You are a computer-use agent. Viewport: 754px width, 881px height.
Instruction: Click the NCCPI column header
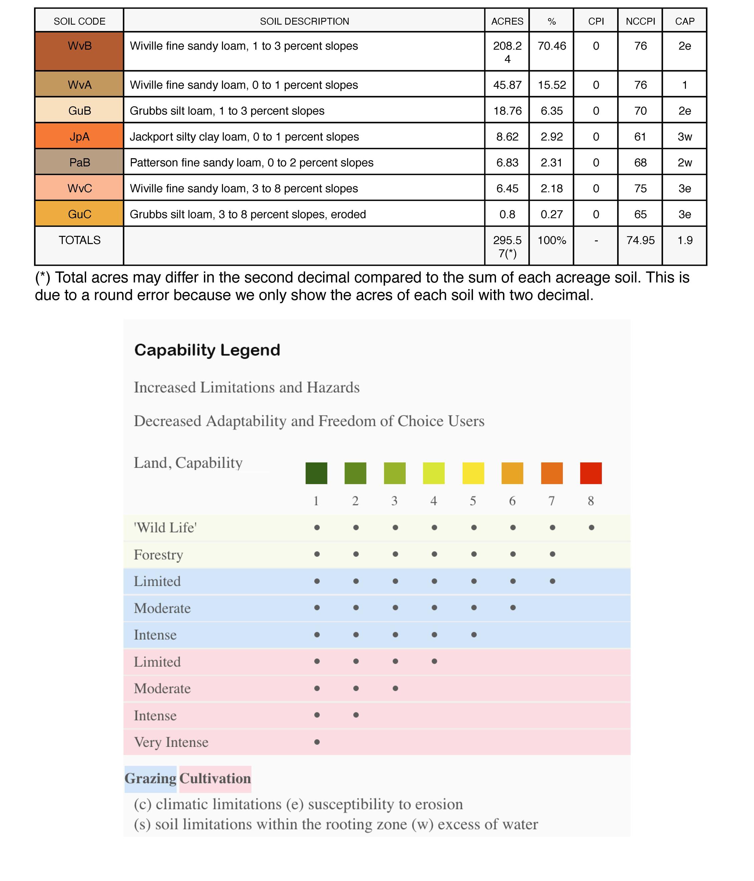pos(640,21)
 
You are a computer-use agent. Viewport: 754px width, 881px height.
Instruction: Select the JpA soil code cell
pos(79,137)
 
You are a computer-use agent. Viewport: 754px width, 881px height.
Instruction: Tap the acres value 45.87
pos(507,85)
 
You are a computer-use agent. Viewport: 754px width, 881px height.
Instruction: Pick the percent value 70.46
pos(552,46)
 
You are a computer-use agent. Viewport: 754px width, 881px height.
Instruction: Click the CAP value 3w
pos(684,137)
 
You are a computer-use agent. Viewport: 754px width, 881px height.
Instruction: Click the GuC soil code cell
pos(79,214)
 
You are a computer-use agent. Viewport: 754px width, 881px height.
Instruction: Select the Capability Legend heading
pos(207,350)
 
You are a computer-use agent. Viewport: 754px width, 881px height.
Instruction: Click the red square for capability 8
pos(590,473)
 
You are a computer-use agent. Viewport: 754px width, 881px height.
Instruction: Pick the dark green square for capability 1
pos(316,473)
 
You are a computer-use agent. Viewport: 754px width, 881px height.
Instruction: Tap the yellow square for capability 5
pos(473,473)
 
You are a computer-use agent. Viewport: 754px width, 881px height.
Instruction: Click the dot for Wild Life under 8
pos(591,528)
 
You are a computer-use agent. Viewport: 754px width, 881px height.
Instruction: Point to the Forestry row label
pos(159,554)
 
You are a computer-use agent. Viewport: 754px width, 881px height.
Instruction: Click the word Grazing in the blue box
pos(151,778)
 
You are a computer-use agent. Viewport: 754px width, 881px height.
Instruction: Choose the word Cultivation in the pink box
pos(215,778)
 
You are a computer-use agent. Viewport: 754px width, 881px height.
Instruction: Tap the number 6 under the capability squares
pos(512,501)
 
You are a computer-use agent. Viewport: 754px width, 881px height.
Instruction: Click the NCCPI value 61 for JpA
pos(640,137)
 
